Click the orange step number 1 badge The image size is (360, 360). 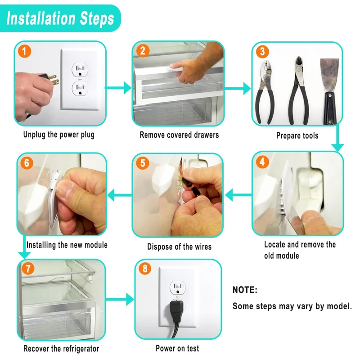tap(25, 51)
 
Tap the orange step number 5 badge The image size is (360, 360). tap(143, 163)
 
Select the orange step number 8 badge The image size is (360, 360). tap(145, 268)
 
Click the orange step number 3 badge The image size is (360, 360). tap(262, 51)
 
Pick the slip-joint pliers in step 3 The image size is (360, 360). tap(265, 92)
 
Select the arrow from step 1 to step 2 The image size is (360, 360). tap(118, 88)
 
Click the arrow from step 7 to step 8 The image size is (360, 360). tap(120, 299)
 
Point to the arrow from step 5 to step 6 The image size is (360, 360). tap(120, 195)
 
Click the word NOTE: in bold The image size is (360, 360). tap(245, 290)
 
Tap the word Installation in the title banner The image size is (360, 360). tap(41, 18)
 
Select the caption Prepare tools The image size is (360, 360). tap(297, 135)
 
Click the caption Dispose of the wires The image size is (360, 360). tap(179, 247)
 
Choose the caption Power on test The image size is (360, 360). tap(177, 348)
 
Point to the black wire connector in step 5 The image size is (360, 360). tap(195, 191)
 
